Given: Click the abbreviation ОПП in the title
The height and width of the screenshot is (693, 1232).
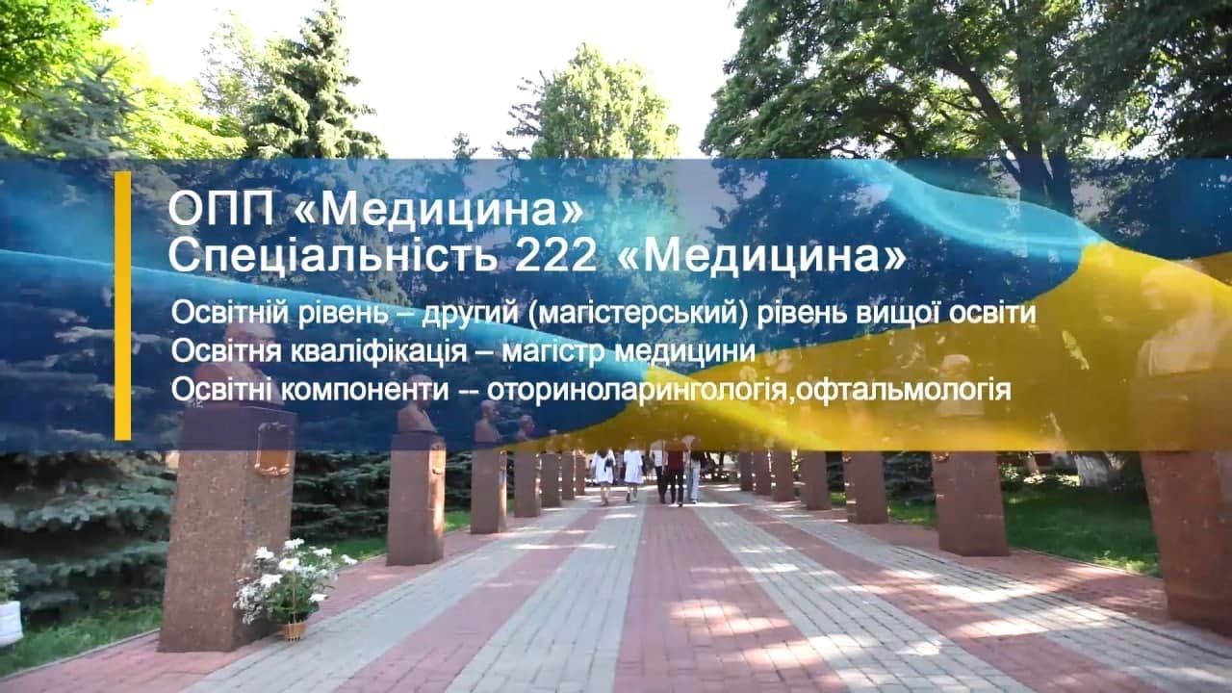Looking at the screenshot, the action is tap(221, 209).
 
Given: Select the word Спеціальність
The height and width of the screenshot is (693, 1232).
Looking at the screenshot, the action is tap(333, 256).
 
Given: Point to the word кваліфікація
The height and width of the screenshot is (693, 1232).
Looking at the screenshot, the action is tap(379, 352).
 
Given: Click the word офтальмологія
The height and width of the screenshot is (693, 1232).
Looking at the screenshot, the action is tap(904, 391).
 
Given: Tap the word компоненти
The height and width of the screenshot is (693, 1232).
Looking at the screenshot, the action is tap(365, 391).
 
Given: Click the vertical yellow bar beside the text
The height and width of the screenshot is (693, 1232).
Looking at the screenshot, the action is tap(123, 306).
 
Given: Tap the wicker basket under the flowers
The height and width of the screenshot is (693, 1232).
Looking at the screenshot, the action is tap(295, 629).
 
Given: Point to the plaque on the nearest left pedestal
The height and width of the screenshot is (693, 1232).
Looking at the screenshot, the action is tap(273, 449).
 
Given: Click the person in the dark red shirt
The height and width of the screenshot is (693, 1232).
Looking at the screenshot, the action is tap(676, 472).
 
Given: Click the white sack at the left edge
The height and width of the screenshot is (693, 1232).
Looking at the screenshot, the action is tap(11, 623).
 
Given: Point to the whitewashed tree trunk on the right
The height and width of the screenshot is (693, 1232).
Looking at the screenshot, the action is tap(1094, 469).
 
